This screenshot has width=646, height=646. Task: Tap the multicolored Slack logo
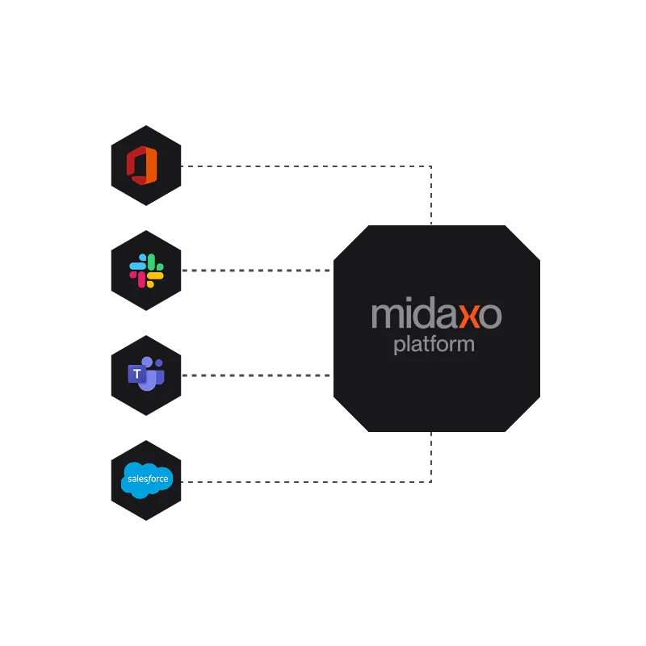[x=146, y=271]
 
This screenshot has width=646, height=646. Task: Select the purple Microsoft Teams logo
[x=146, y=375]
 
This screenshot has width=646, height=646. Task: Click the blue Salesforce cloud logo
[x=146, y=480]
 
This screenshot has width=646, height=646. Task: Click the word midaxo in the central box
[x=436, y=315]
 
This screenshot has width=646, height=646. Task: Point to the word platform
[x=434, y=346]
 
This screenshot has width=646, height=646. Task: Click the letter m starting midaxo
[x=386, y=316]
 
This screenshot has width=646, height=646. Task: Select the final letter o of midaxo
[x=490, y=316]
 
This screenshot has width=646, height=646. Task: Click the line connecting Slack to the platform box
[x=258, y=271]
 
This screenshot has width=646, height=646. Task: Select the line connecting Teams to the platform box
[x=258, y=375]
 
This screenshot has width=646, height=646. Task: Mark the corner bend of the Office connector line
[x=429, y=166]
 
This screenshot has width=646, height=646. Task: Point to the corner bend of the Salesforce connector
[x=429, y=480]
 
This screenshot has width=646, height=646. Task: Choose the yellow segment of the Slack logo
[x=154, y=278]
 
